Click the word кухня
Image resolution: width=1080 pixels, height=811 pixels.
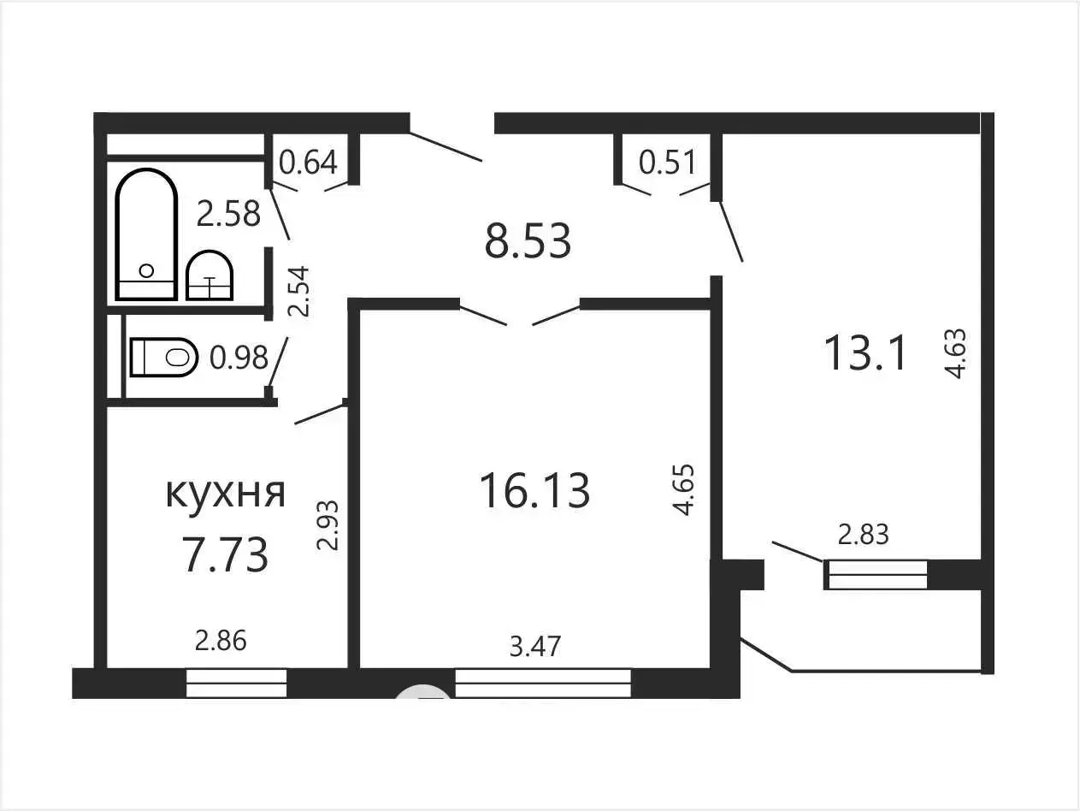pyautogui.click(x=226, y=493)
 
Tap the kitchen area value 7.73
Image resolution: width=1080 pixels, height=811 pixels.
pyautogui.click(x=226, y=555)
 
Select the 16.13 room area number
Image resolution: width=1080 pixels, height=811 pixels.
pyautogui.click(x=534, y=490)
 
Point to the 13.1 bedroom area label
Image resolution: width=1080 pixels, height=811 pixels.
pyautogui.click(x=865, y=352)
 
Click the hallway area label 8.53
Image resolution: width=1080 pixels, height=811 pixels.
pyautogui.click(x=528, y=240)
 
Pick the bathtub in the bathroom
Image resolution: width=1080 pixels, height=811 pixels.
pyautogui.click(x=146, y=234)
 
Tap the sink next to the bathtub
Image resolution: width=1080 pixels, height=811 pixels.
pyautogui.click(x=210, y=275)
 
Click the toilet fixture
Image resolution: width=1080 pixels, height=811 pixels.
pyautogui.click(x=164, y=357)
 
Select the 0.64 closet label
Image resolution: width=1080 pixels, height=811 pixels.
pyautogui.click(x=308, y=162)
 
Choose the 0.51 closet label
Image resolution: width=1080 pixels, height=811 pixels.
pyautogui.click(x=668, y=162)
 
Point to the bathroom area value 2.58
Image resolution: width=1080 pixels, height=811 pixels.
pyautogui.click(x=228, y=214)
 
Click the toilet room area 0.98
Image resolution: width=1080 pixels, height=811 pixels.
pyautogui.click(x=239, y=358)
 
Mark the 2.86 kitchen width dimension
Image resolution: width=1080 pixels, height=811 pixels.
pyautogui.click(x=221, y=641)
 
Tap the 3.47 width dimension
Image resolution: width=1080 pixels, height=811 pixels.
pyautogui.click(x=535, y=647)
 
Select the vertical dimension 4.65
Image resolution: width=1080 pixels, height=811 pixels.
pyautogui.click(x=684, y=489)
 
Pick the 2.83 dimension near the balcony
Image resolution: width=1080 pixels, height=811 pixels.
pyautogui.click(x=864, y=535)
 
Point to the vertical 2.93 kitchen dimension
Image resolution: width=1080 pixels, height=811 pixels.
pyautogui.click(x=328, y=525)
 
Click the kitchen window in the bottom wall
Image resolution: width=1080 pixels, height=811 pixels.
pyautogui.click(x=236, y=683)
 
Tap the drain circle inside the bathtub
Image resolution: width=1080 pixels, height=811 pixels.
pyautogui.click(x=146, y=270)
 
